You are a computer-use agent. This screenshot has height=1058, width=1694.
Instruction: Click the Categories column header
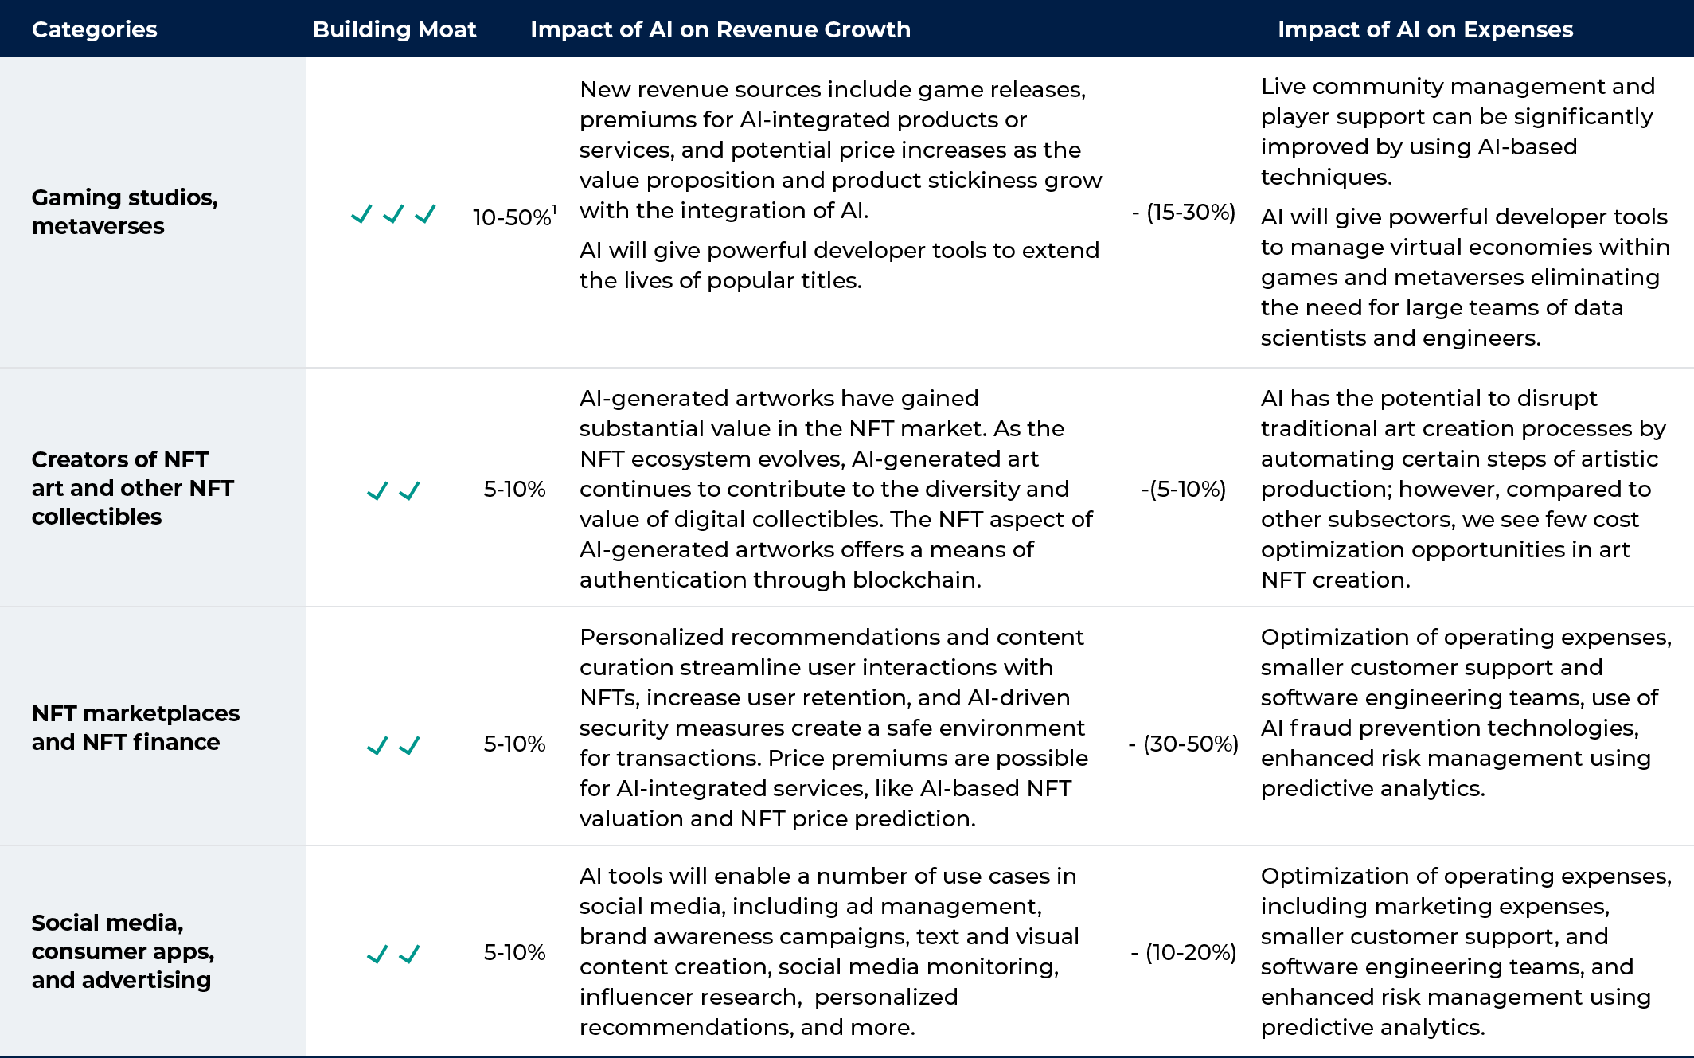pos(94,29)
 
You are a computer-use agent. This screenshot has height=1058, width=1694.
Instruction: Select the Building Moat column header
pos(394,29)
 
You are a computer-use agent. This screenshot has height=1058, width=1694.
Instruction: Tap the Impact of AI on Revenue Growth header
pos(720,29)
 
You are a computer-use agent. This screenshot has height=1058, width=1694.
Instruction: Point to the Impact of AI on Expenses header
pos(1425,29)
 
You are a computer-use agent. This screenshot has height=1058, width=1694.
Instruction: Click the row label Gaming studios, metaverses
pos(124,212)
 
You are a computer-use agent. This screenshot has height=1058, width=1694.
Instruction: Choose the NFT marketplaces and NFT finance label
pos(135,728)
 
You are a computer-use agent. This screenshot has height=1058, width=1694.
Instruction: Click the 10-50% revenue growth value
pos(511,217)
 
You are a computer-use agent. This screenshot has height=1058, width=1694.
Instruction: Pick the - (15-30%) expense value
pos(1184,213)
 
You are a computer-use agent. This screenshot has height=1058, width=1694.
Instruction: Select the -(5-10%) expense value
pos(1183,490)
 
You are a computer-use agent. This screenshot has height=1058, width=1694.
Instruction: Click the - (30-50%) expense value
pos(1184,744)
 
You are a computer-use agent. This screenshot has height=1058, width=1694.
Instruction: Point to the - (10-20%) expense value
pos(1184,953)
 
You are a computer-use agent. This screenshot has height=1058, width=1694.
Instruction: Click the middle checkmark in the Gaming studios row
pos(393,214)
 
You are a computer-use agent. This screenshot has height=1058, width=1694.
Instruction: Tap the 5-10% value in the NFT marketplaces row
pos(514,744)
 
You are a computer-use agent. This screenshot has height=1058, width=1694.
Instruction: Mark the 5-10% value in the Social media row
pos(514,953)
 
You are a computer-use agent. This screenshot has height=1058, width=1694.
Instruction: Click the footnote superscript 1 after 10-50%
pos(554,210)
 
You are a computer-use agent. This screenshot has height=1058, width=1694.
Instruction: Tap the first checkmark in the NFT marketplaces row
pos(377,746)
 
